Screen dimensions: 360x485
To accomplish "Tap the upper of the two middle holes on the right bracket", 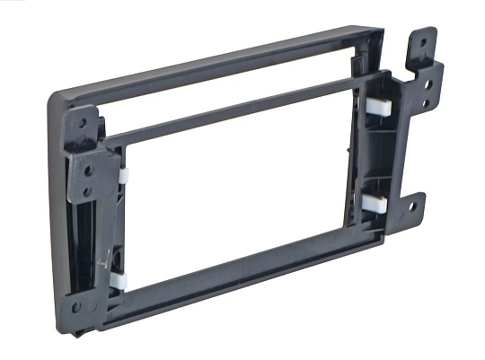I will click(x=428, y=83).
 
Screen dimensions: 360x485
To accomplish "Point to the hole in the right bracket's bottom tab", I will click(x=412, y=206).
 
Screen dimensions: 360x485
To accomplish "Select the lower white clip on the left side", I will click(x=119, y=281).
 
